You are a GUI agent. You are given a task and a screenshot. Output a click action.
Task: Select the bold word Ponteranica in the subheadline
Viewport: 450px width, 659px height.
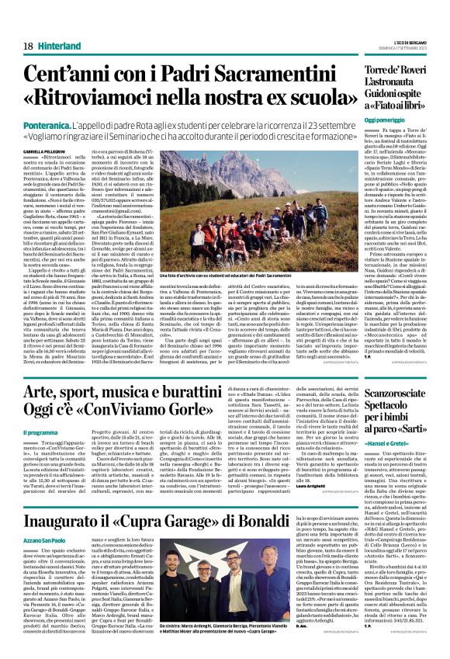44,123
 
